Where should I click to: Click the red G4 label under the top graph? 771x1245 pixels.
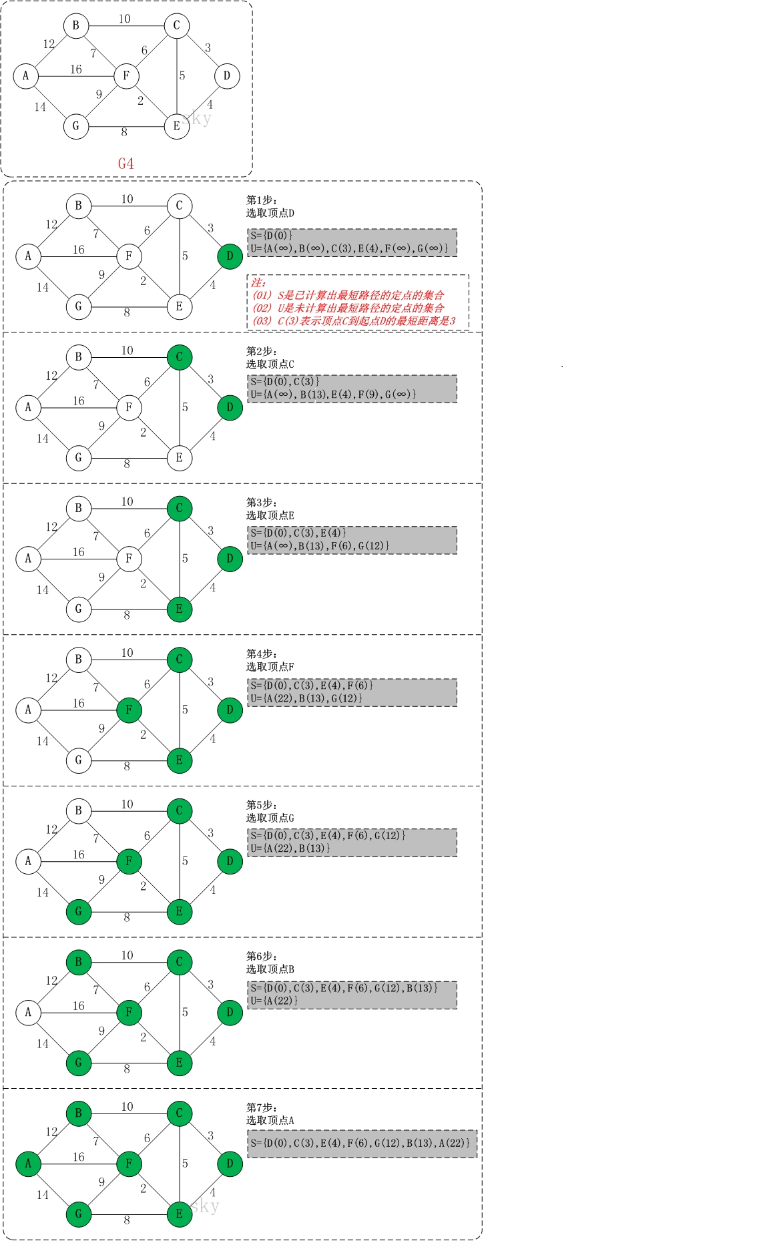[125, 164]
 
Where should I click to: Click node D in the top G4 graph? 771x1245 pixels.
[227, 76]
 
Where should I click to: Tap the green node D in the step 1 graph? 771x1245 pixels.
[230, 256]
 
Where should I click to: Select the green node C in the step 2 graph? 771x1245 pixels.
[179, 357]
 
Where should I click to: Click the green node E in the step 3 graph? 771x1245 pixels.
[179, 609]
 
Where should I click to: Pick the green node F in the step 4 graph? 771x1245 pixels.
[129, 710]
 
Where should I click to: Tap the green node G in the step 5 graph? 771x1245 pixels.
[79, 912]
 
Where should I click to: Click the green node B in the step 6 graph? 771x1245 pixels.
[79, 962]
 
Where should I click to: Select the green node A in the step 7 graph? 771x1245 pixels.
[28, 1164]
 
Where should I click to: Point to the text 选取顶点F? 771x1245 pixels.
[270, 667]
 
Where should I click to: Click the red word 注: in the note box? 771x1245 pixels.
[258, 282]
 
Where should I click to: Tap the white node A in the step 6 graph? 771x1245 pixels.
[28, 1012]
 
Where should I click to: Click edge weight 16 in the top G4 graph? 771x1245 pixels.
[76, 69]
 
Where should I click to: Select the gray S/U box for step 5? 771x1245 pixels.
[352, 842]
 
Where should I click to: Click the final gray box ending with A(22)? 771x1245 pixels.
[362, 1144]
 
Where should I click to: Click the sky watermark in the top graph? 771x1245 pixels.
[198, 119]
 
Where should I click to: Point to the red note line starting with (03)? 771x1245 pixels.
[354, 321]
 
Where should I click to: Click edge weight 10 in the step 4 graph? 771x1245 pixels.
[127, 653]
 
